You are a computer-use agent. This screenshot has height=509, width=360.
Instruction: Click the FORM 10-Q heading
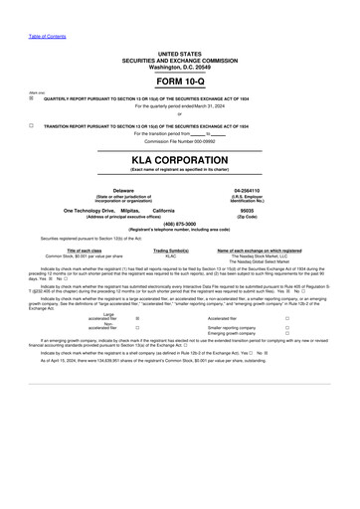click(x=179, y=82)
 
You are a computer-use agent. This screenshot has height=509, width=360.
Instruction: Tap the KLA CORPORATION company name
click(x=179, y=161)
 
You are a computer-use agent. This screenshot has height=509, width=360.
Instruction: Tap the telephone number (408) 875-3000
click(x=179, y=224)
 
